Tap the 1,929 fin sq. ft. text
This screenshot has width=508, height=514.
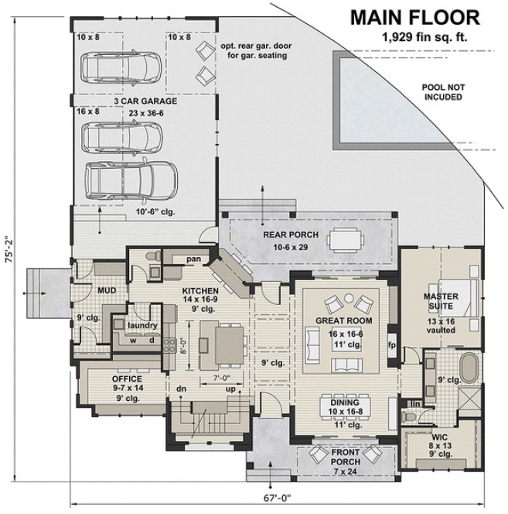point(418,36)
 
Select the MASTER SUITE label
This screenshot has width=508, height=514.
point(442,301)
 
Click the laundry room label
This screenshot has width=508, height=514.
point(143,326)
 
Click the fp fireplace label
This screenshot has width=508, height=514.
point(391,344)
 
